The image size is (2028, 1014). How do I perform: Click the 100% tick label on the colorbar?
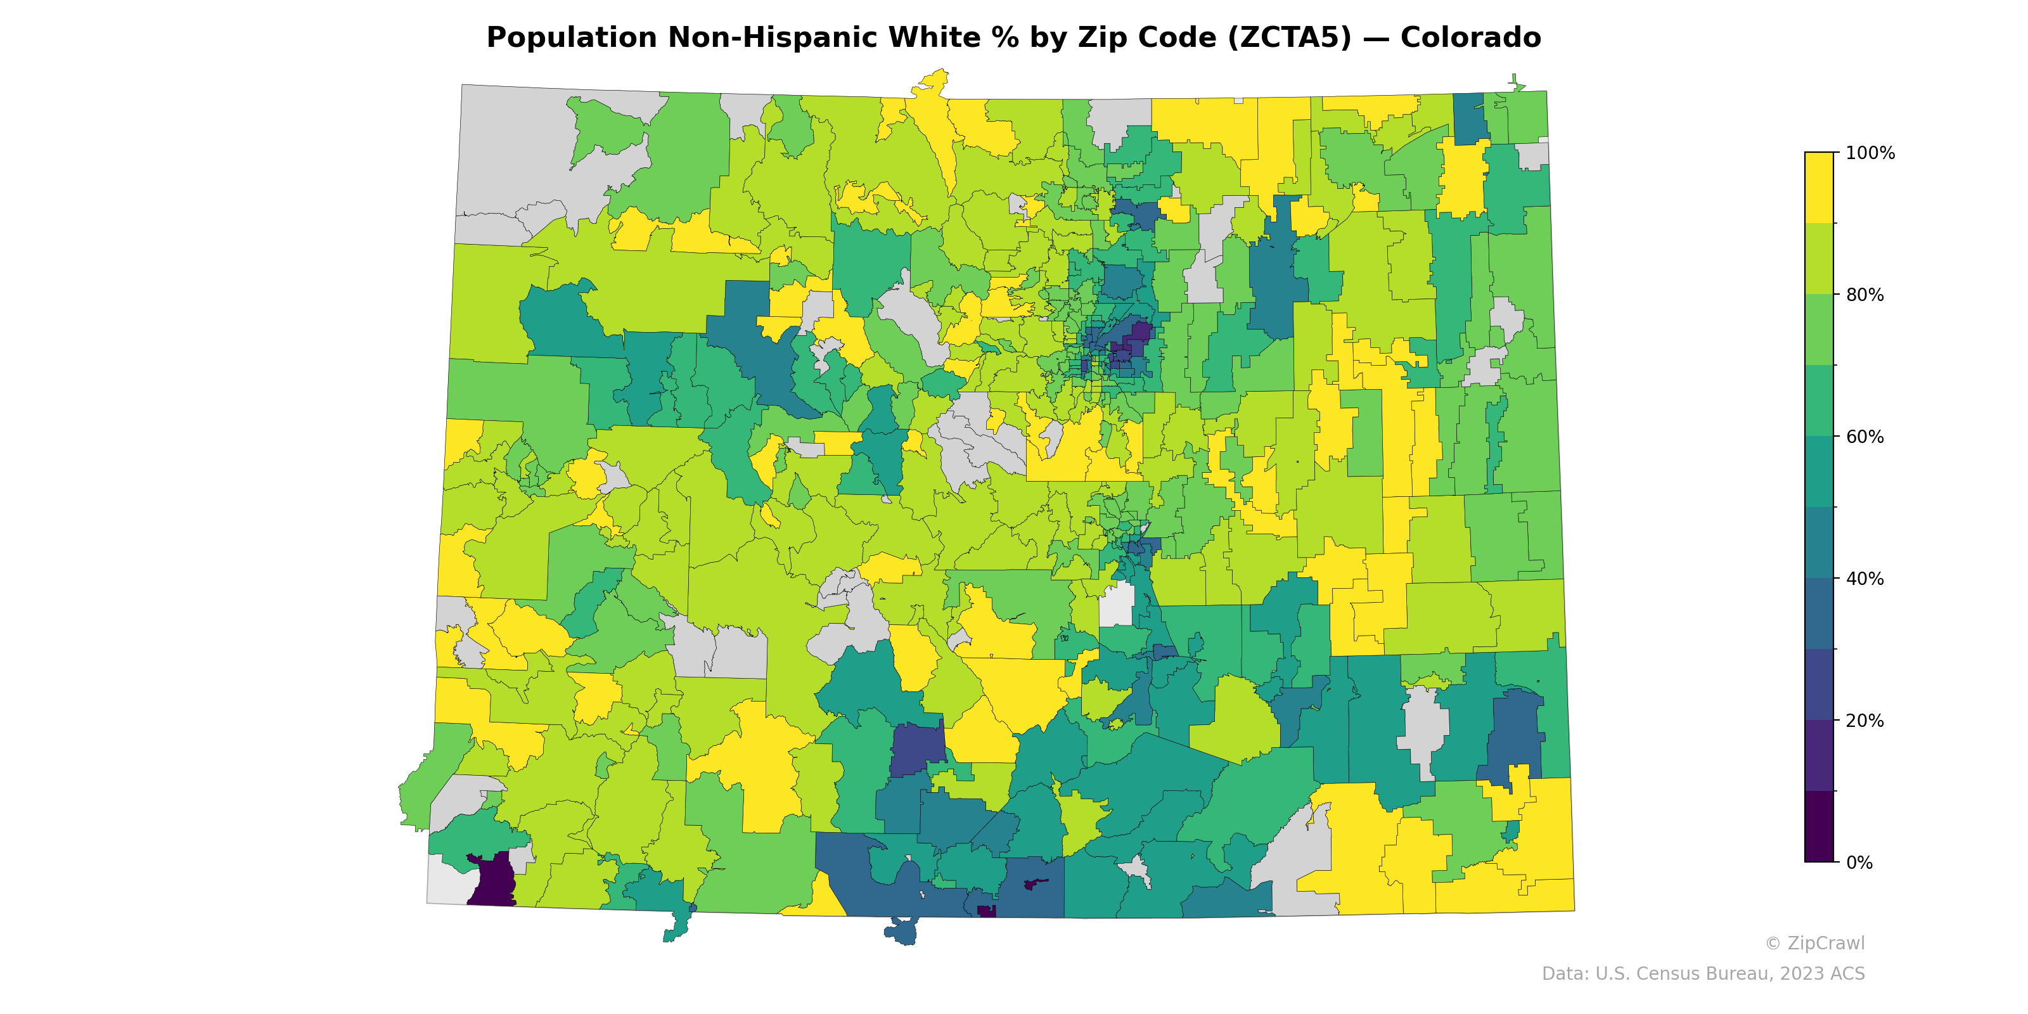1870,153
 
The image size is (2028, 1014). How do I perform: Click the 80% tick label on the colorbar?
1864,295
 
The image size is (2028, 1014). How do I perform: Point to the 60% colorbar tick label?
1864,437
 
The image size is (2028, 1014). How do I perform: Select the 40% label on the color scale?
1864,579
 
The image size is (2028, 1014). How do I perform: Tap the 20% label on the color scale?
1864,721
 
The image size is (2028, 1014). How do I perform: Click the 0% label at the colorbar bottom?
1859,863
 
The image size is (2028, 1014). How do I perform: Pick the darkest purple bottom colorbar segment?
1819,826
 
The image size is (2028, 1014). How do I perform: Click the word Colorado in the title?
1470,38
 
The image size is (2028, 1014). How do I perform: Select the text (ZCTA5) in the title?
1290,38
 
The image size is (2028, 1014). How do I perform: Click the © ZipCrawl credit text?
1814,943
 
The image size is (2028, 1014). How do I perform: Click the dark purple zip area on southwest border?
492,882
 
